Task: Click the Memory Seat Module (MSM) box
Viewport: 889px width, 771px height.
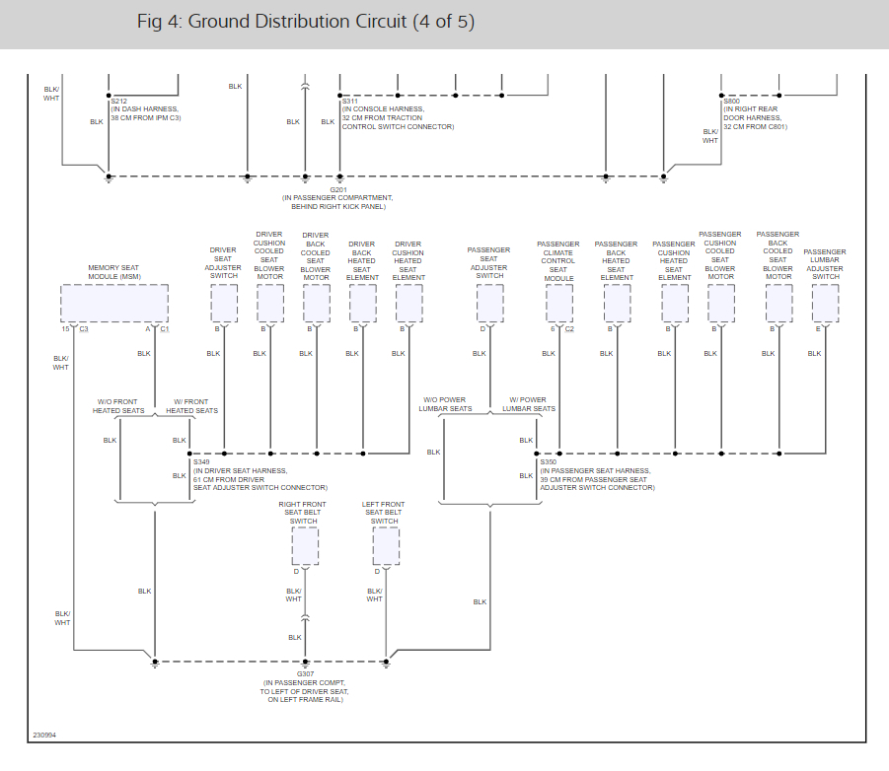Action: [x=114, y=303]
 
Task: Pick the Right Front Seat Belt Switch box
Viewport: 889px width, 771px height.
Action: [x=305, y=545]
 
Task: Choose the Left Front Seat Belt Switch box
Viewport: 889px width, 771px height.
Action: [x=386, y=545]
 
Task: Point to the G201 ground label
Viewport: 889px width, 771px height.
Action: [x=338, y=188]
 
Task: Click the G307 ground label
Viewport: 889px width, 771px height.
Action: [x=304, y=673]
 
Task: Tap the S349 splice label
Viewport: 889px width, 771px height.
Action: [x=201, y=461]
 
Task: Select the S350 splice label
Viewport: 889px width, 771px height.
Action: [x=548, y=461]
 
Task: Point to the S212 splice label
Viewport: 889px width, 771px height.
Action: [x=118, y=101]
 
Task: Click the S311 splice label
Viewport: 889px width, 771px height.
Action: [x=350, y=101]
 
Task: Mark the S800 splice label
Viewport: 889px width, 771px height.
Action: [x=731, y=101]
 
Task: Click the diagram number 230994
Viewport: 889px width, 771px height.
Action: [x=44, y=736]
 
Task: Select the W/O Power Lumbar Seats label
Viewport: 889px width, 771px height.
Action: [x=445, y=404]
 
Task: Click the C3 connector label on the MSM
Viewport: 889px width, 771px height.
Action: [x=84, y=328]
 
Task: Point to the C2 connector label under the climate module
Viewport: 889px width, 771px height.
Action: [x=569, y=328]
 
